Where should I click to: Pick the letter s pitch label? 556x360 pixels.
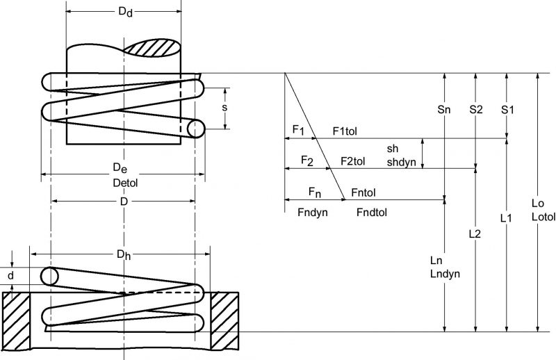pyautogui.click(x=224, y=108)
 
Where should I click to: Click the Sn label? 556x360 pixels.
pyautogui.click(x=444, y=110)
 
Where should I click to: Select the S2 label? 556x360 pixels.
pyautogui.click(x=476, y=110)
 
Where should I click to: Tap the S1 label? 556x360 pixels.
pyautogui.click(x=507, y=110)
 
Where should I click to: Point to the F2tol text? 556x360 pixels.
pyautogui.click(x=353, y=161)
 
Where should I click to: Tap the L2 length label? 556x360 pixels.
pyautogui.click(x=476, y=234)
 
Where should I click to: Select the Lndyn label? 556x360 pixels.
pyautogui.click(x=445, y=274)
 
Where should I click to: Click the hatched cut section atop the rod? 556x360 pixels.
pyautogui.click(x=154, y=48)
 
